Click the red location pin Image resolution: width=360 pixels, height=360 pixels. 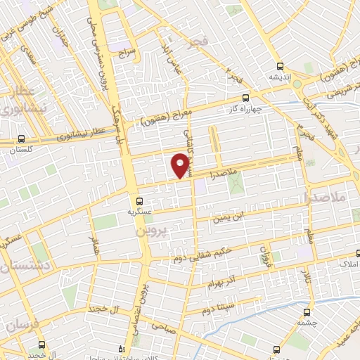(181, 165)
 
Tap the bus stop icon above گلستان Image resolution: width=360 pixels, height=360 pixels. (22, 139)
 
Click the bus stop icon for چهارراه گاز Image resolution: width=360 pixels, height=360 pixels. (245, 98)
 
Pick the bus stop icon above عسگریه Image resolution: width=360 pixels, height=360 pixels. (139, 200)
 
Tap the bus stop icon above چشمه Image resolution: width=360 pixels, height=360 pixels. (307, 311)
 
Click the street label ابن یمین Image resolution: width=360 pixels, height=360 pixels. (232, 217)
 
